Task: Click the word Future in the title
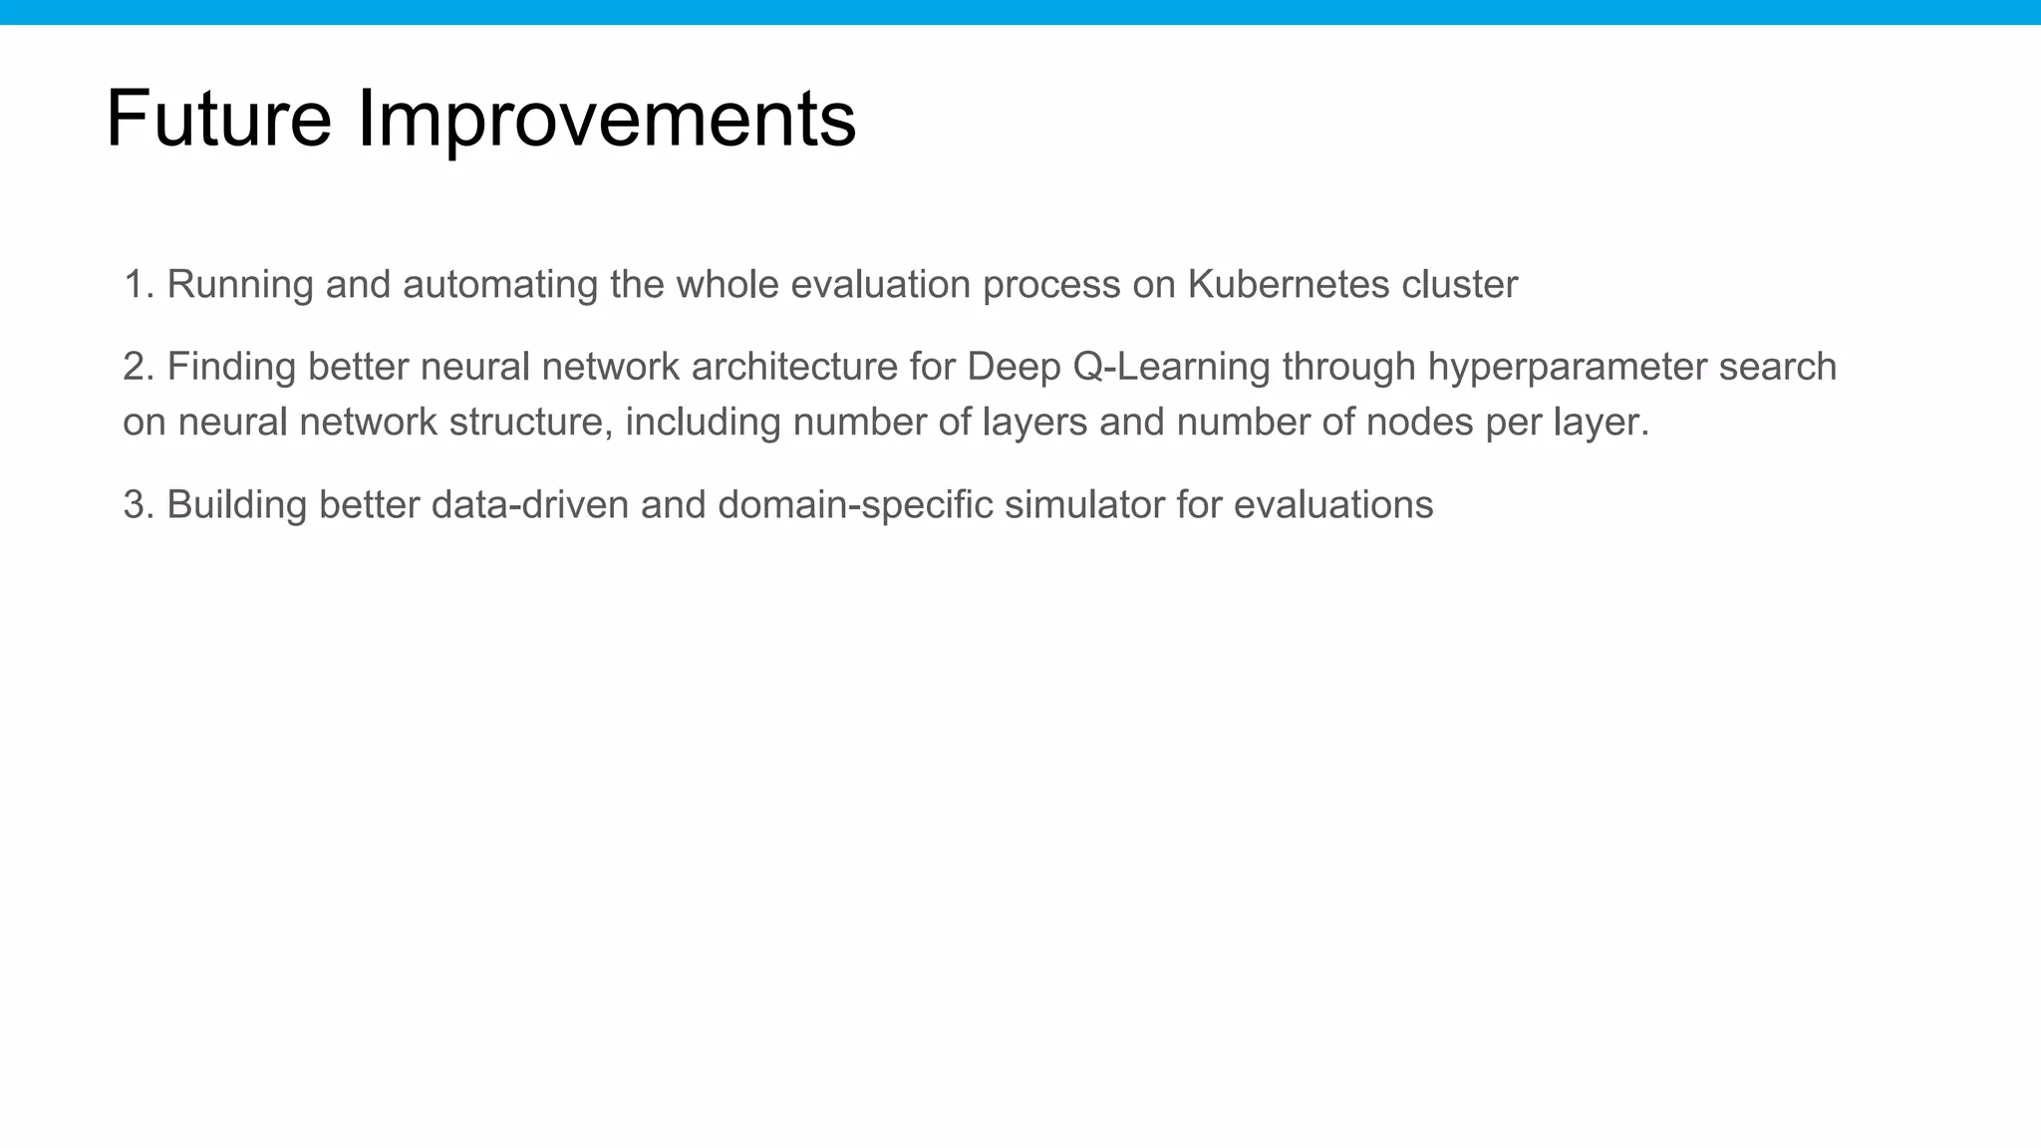coord(218,119)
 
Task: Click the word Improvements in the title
coord(605,119)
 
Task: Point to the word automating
coord(499,285)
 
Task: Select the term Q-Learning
coord(1171,367)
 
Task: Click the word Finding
coord(231,367)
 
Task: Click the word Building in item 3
coord(236,505)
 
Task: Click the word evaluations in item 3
coord(1332,505)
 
